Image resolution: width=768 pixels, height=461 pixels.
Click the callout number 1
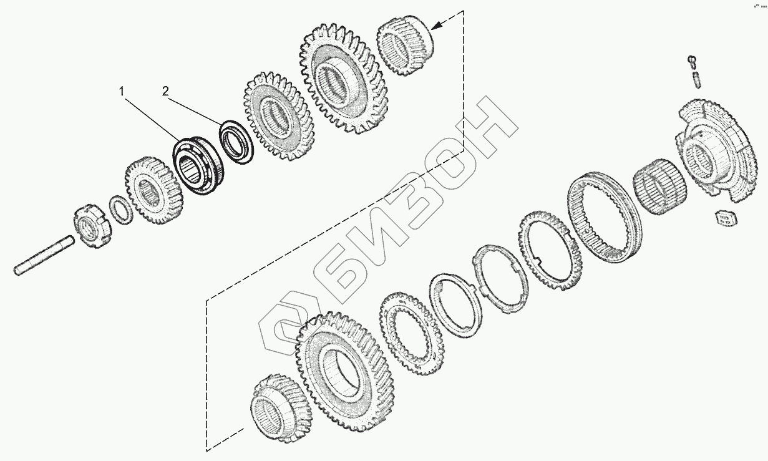click(122, 92)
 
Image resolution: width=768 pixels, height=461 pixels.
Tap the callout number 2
click(165, 92)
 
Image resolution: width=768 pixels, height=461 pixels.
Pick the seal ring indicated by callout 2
click(235, 142)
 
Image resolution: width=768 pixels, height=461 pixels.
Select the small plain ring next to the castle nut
click(120, 209)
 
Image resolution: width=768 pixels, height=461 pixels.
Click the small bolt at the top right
click(691, 61)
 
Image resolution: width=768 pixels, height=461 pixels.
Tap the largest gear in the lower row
click(340, 369)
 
